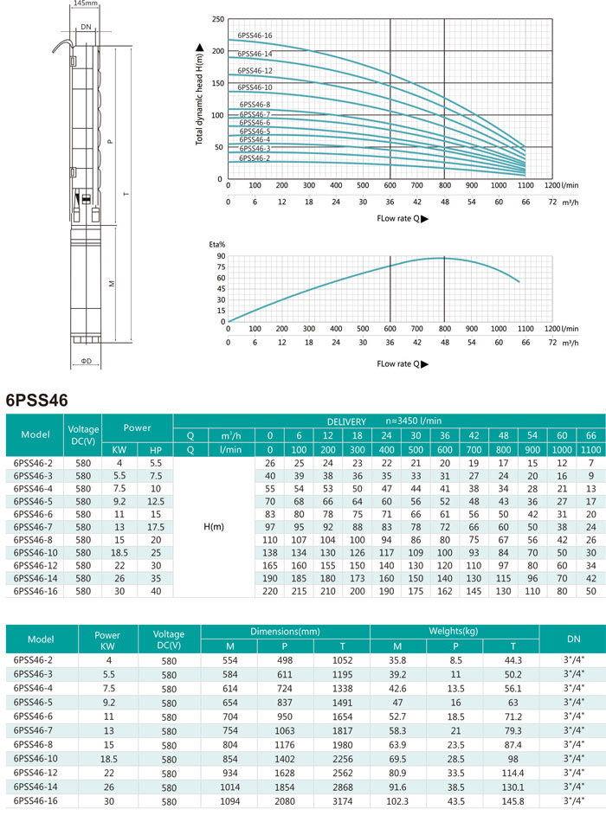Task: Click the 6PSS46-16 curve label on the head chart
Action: (x=255, y=35)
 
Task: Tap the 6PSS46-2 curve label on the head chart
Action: (x=255, y=158)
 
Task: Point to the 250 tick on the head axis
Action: (x=217, y=19)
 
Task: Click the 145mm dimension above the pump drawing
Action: (x=85, y=3)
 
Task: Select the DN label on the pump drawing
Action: (x=86, y=27)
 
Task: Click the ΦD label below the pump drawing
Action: (x=86, y=361)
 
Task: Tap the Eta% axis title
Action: (x=217, y=244)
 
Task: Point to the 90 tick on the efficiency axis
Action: (x=222, y=256)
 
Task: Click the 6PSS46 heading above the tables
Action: (x=37, y=400)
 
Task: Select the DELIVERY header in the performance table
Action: (x=346, y=421)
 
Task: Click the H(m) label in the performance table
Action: (x=214, y=527)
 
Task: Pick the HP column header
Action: (x=156, y=450)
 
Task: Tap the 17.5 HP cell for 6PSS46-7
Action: (x=156, y=527)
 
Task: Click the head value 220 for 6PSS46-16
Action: (x=270, y=591)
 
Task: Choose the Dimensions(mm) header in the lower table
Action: (x=285, y=632)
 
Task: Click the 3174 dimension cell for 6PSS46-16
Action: (x=342, y=801)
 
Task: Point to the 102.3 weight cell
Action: (x=397, y=801)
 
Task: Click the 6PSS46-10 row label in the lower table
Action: (x=35, y=759)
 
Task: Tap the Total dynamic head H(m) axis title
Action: (x=199, y=94)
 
